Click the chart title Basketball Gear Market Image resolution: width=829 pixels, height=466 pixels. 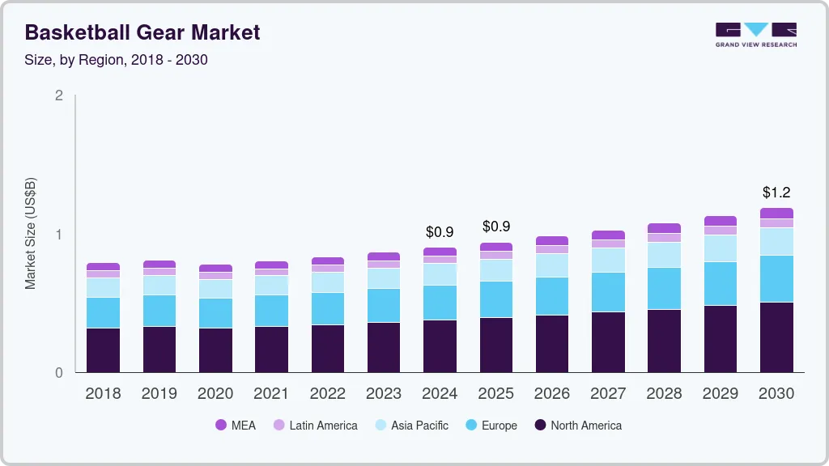tap(142, 32)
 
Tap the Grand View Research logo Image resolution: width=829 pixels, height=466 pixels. tap(755, 35)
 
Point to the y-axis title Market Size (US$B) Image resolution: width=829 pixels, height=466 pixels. tap(30, 234)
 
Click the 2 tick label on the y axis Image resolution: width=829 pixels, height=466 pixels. tap(58, 95)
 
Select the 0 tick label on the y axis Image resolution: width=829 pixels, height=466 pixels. tap(58, 373)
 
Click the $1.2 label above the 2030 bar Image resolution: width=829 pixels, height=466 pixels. tap(776, 193)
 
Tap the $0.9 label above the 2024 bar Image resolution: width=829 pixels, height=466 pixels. tap(440, 232)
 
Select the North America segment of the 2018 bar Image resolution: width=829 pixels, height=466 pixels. tap(103, 349)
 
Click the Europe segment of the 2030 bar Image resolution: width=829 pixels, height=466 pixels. tap(776, 278)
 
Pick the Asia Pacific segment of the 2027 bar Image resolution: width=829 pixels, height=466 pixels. tap(608, 260)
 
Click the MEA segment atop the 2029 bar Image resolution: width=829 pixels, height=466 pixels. tap(721, 221)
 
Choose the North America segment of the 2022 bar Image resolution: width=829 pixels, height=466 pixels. tap(328, 348)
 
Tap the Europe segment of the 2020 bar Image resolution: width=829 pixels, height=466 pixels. tap(215, 312)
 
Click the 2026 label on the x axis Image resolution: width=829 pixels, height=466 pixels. tap(551, 394)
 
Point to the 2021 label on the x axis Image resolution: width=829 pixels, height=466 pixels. tap(271, 394)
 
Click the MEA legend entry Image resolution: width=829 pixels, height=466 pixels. tap(235, 426)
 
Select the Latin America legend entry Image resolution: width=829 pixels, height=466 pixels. tap(315, 426)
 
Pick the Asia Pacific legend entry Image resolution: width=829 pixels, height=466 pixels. tap(410, 426)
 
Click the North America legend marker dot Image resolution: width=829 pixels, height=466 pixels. tap(540, 426)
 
